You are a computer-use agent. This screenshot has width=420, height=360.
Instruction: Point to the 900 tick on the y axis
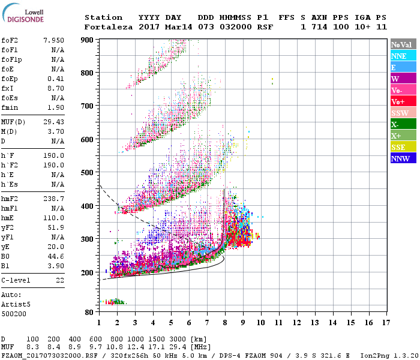[x=88, y=40]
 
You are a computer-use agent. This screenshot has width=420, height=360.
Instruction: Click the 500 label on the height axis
[x=88, y=173]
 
